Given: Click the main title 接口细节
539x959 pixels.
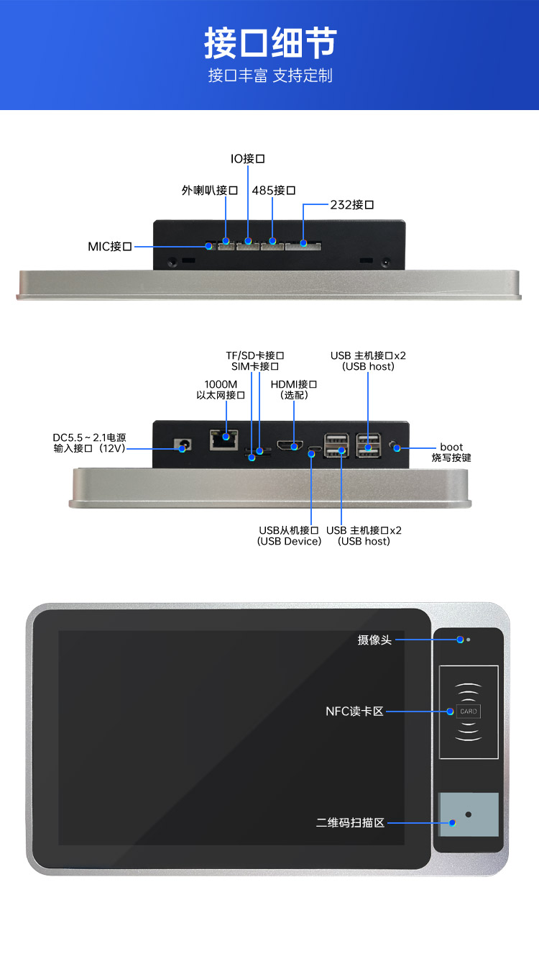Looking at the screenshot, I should [269, 42].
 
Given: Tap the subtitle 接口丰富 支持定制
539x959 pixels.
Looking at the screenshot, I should [269, 76].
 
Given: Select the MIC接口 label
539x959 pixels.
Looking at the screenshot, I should [110, 247].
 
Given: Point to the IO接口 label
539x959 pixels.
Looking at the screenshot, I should [247, 158].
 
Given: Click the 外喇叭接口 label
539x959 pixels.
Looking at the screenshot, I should [209, 191].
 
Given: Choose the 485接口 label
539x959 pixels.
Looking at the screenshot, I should [273, 191].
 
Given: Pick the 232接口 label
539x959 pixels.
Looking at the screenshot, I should [352, 205].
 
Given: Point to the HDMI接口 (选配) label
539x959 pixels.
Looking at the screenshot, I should [294, 389].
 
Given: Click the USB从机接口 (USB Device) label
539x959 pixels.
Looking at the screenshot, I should [289, 536].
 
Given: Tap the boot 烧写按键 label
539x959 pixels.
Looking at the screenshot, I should [451, 453].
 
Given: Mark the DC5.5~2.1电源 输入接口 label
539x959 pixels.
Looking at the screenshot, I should [89, 442].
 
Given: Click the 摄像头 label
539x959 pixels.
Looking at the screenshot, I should [374, 640].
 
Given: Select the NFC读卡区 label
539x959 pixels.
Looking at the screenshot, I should [354, 712].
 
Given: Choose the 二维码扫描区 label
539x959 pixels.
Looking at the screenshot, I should [350, 822].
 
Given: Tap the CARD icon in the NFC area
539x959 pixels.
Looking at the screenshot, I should [468, 711].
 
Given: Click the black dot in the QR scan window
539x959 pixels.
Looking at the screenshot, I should [469, 814].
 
